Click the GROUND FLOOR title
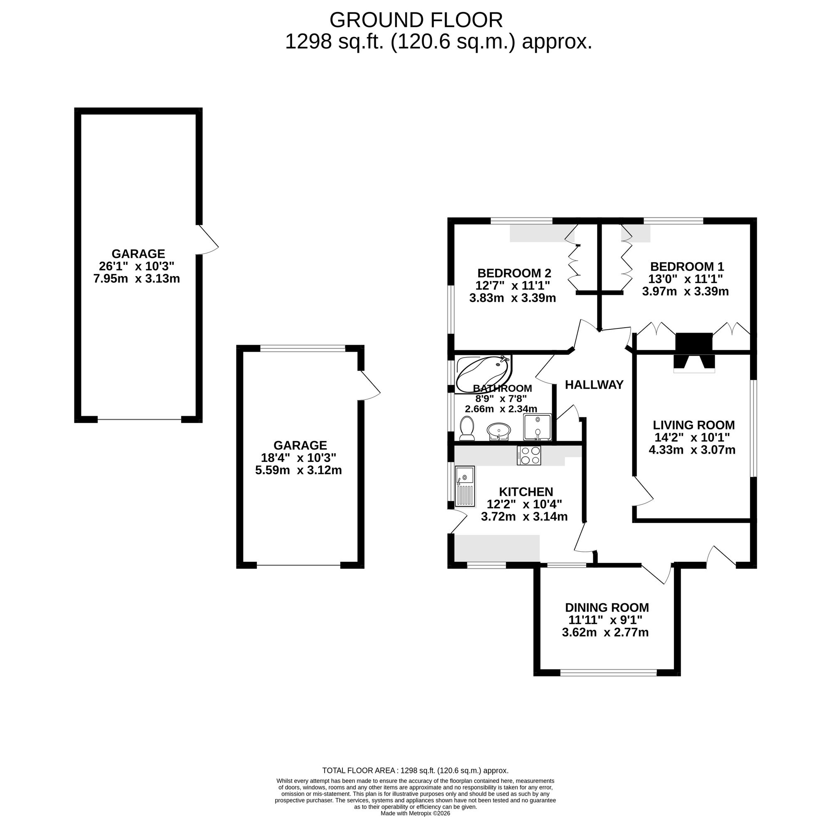tap(415, 20)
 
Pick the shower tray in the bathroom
tap(537, 427)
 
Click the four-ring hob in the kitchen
tap(529, 455)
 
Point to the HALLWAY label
tap(594, 385)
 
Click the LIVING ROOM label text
tap(693, 425)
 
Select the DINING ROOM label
tap(607, 607)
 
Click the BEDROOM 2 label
tap(514, 273)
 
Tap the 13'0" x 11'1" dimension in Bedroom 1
tap(685, 279)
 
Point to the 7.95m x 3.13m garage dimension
tap(136, 279)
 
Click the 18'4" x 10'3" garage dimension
tap(298, 457)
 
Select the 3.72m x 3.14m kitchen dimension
tap(524, 517)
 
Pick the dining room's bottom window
tap(608, 673)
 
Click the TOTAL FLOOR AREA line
tap(415, 770)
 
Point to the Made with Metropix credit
tap(415, 813)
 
